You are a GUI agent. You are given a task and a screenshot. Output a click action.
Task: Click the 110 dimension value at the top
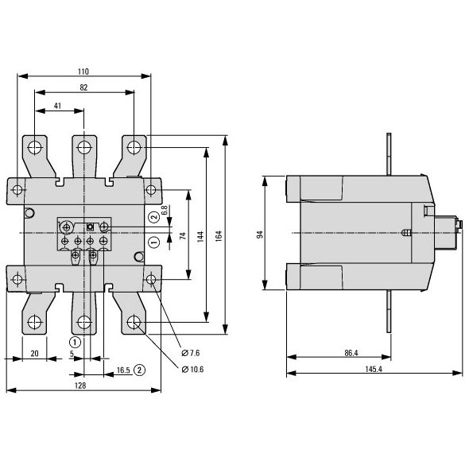click(x=83, y=72)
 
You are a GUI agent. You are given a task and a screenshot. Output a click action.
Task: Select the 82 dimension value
click(x=83, y=87)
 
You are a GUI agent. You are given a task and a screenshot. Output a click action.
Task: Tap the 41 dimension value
click(x=57, y=106)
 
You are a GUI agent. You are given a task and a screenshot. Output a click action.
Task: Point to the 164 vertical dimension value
click(x=219, y=236)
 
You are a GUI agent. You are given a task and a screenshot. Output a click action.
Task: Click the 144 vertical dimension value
click(x=200, y=236)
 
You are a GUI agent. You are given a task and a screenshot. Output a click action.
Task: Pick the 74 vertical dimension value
click(x=183, y=236)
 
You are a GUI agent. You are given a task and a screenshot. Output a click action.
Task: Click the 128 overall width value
click(x=80, y=386)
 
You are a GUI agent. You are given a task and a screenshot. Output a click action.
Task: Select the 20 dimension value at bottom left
click(x=35, y=354)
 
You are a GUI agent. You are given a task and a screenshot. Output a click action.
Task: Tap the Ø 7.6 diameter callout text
click(x=191, y=353)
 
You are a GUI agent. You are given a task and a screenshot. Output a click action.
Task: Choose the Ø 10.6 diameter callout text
click(x=192, y=370)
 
